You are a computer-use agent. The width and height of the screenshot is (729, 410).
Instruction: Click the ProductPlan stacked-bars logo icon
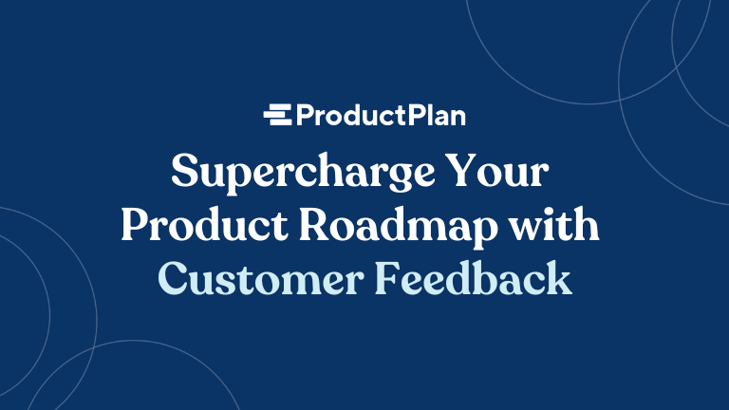pos(279,116)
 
